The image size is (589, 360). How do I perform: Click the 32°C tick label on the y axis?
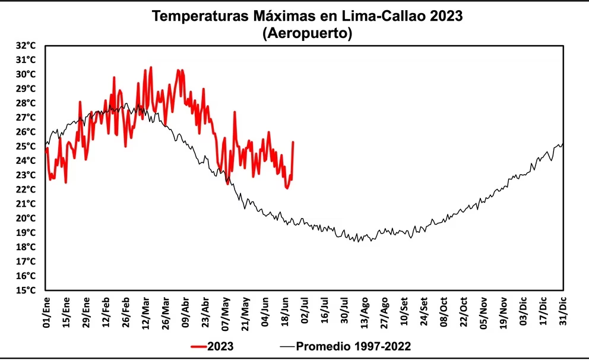[x=28, y=46]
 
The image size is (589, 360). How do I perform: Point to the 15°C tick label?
[x=28, y=290]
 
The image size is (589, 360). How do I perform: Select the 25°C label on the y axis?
[x=28, y=146]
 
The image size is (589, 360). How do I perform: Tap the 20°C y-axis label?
[x=28, y=218]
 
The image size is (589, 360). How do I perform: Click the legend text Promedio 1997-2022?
[x=353, y=346]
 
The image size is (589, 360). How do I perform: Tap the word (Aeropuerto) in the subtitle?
[x=307, y=34]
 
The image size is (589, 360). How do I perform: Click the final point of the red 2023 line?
[x=293, y=143]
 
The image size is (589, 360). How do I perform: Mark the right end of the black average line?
[x=562, y=144]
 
